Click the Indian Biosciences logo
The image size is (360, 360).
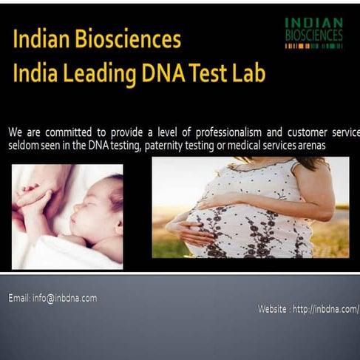pos(313,33)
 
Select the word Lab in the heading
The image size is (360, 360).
pos(246,73)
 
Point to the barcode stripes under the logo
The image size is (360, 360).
pos(313,47)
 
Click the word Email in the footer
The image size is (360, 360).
pos(19,298)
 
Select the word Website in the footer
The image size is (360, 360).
pos(274,309)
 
